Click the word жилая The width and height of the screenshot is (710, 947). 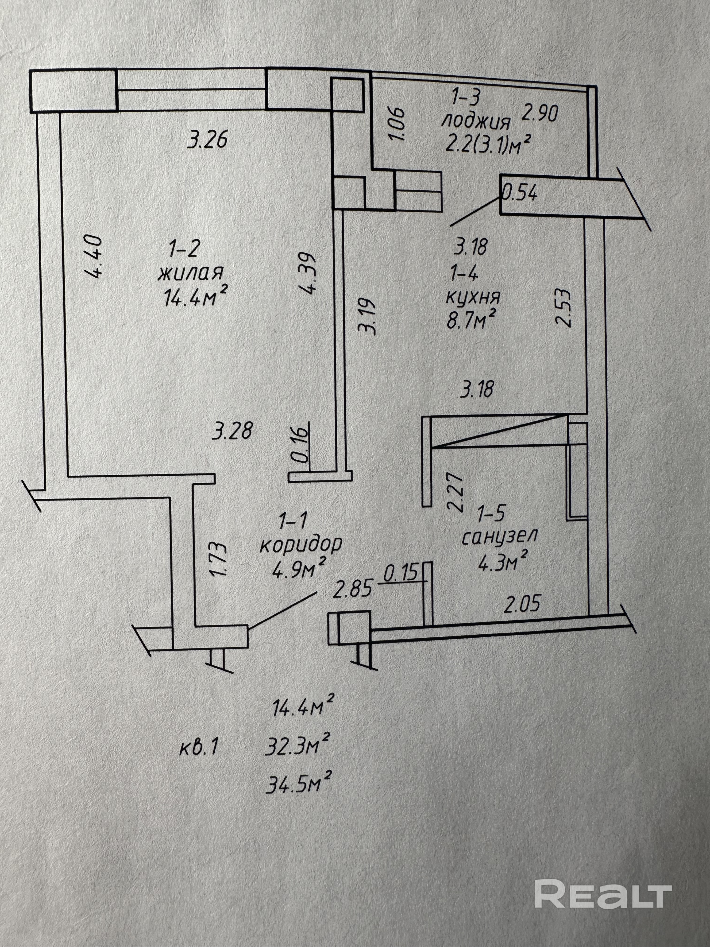[191, 273]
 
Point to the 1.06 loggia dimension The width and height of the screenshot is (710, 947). [397, 124]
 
